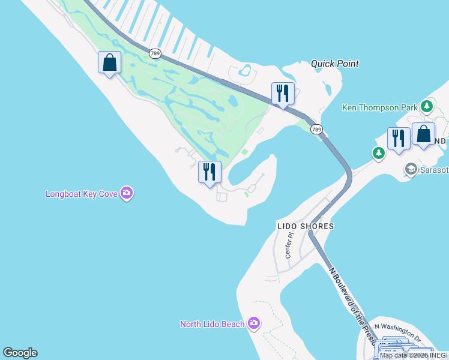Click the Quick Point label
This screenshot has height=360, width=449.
point(335,64)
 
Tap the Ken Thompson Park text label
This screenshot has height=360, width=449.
point(379,107)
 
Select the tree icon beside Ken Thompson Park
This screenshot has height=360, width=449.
point(427,107)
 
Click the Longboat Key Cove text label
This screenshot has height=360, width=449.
point(82,194)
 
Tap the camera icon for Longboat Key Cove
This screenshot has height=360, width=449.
point(126,193)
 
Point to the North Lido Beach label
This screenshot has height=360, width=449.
point(212,324)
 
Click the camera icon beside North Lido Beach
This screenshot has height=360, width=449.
point(254,324)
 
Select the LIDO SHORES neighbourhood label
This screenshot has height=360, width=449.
point(305,226)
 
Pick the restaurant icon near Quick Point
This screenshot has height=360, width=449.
point(283,93)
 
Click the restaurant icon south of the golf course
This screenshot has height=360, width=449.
point(209,172)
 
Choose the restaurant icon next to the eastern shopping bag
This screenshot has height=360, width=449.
point(399,138)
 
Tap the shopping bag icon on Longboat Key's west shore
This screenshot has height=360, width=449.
point(109,62)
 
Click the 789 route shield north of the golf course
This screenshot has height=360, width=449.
point(155,53)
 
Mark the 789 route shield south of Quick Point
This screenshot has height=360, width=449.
point(316,129)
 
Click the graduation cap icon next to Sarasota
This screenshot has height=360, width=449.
point(411,169)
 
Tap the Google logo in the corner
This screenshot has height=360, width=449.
point(20,353)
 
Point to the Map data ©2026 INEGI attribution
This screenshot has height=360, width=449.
point(414,355)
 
